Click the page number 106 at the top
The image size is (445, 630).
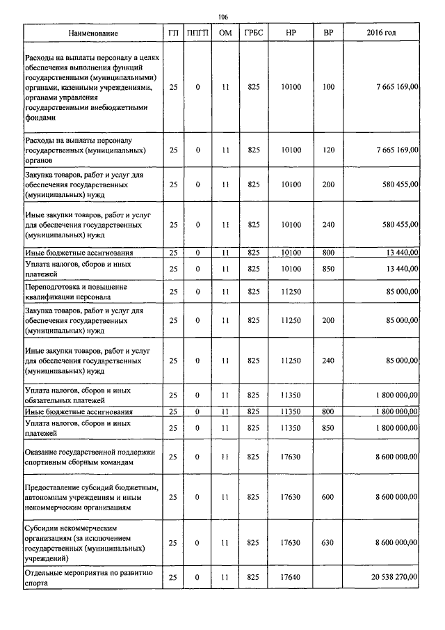point(222,17)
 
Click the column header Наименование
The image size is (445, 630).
point(92,33)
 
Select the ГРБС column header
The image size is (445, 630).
point(253,33)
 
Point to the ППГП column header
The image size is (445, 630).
point(197,33)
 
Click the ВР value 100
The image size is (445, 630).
point(328,87)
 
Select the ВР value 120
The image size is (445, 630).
point(328,150)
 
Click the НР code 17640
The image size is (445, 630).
point(291,577)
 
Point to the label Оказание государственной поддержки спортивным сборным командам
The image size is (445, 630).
point(89,457)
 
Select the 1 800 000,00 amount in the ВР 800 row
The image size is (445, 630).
point(393,412)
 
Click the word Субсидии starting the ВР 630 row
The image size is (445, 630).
point(41,528)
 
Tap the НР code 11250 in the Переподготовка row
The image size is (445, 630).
point(291,291)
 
